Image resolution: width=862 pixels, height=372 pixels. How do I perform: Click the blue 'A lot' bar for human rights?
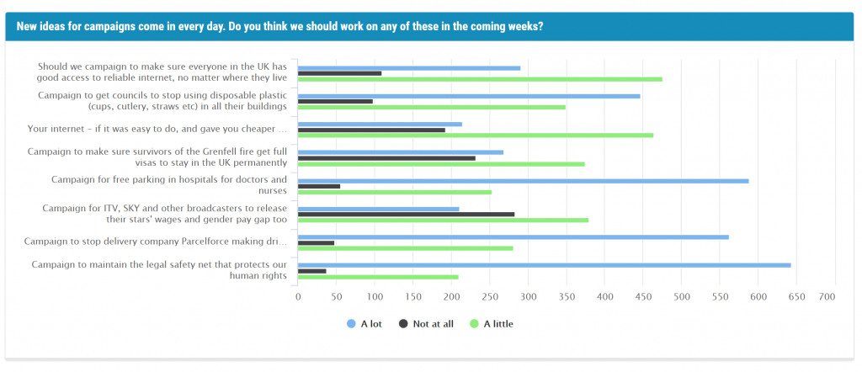coord(544,265)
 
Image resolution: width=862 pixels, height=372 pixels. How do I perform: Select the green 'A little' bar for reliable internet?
coord(480,79)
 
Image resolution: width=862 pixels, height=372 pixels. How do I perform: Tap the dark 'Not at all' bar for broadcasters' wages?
coord(406,214)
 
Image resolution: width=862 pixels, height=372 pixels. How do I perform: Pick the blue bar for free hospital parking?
coord(523,181)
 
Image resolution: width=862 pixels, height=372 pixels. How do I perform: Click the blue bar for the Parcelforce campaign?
coord(513,236)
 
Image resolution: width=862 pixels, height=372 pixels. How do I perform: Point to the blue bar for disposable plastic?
coord(469,96)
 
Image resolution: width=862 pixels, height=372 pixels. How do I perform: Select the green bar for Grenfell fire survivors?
coord(441,164)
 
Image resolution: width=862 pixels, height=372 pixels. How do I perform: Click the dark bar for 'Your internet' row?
coord(371,130)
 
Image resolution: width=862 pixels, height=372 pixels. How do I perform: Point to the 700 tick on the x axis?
coord(827,297)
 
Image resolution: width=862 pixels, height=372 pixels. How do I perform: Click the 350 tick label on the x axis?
coord(567,297)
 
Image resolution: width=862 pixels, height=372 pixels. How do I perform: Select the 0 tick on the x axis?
coord(298,297)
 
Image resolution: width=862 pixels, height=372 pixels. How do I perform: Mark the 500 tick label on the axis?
coord(682,297)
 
